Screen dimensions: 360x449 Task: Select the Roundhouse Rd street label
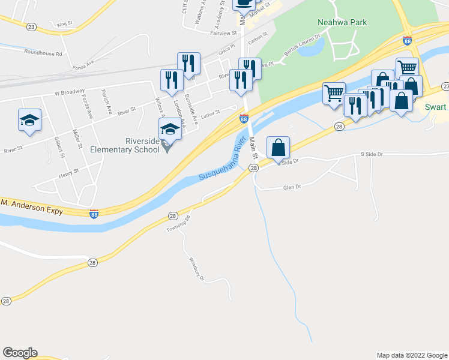tap(43, 53)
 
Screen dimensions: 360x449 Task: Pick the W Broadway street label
tap(69, 93)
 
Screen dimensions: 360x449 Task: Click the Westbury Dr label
tap(197, 270)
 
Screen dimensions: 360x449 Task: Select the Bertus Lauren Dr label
tap(303, 46)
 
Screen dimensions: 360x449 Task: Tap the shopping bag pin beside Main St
tap(279, 148)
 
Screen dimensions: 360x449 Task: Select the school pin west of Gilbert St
tap(29, 120)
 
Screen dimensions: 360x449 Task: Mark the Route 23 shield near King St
tap(31, 27)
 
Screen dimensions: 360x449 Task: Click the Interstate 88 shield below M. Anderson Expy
tap(94, 214)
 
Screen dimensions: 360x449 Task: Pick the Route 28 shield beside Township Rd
tap(173, 215)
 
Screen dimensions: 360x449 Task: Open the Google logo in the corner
tap(20, 353)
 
